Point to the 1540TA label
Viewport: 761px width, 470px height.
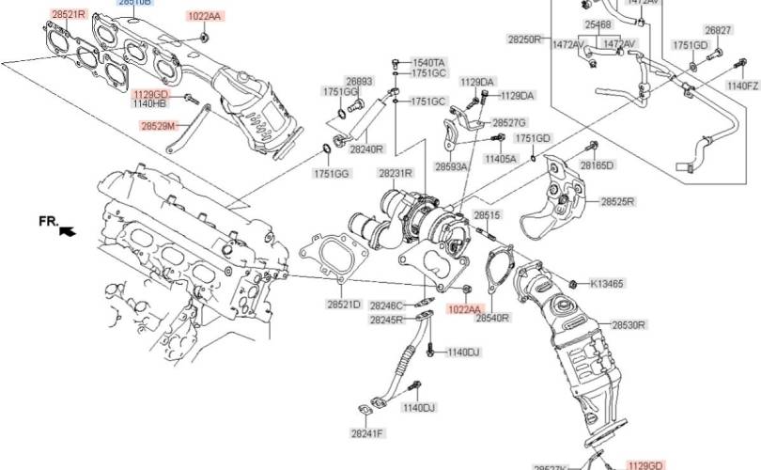pyautogui.click(x=429, y=62)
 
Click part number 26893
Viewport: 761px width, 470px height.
pyautogui.click(x=358, y=81)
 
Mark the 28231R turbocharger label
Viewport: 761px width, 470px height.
pyautogui.click(x=396, y=174)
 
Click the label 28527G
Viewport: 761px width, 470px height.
pyautogui.click(x=510, y=123)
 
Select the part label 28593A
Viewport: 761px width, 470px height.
pyautogui.click(x=452, y=165)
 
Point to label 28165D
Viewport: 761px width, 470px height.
pyautogui.click(x=596, y=165)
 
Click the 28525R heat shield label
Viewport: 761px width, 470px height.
pyautogui.click(x=618, y=201)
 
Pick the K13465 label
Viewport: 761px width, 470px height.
pyautogui.click(x=607, y=283)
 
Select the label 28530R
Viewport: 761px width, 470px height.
pyautogui.click(x=629, y=325)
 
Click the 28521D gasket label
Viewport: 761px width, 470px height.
pyautogui.click(x=344, y=305)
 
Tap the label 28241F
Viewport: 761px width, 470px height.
pyautogui.click(x=367, y=434)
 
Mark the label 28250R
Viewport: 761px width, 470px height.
pyautogui.click(x=525, y=40)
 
